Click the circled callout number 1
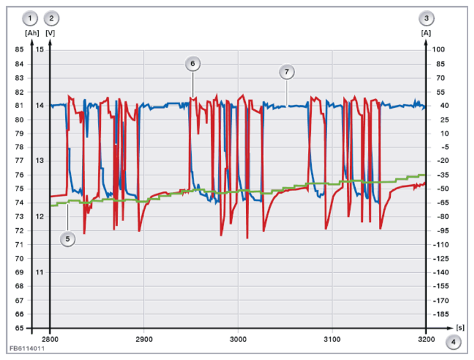[30, 19]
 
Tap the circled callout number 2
[51, 19]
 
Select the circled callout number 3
[426, 19]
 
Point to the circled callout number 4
[453, 342]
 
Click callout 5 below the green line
[68, 239]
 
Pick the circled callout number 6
[192, 64]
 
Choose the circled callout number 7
[287, 72]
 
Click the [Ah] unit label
[32, 33]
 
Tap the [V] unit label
[50, 33]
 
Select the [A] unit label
[426, 33]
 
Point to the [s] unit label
[460, 327]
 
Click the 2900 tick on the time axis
[144, 340]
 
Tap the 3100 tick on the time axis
[332, 340]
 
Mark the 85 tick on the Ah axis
[19, 49]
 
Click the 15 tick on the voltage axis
[40, 49]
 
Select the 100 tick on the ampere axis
[438, 49]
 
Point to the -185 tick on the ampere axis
[441, 315]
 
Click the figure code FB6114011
[27, 348]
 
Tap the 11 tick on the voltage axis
[40, 272]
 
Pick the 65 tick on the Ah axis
[19, 328]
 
